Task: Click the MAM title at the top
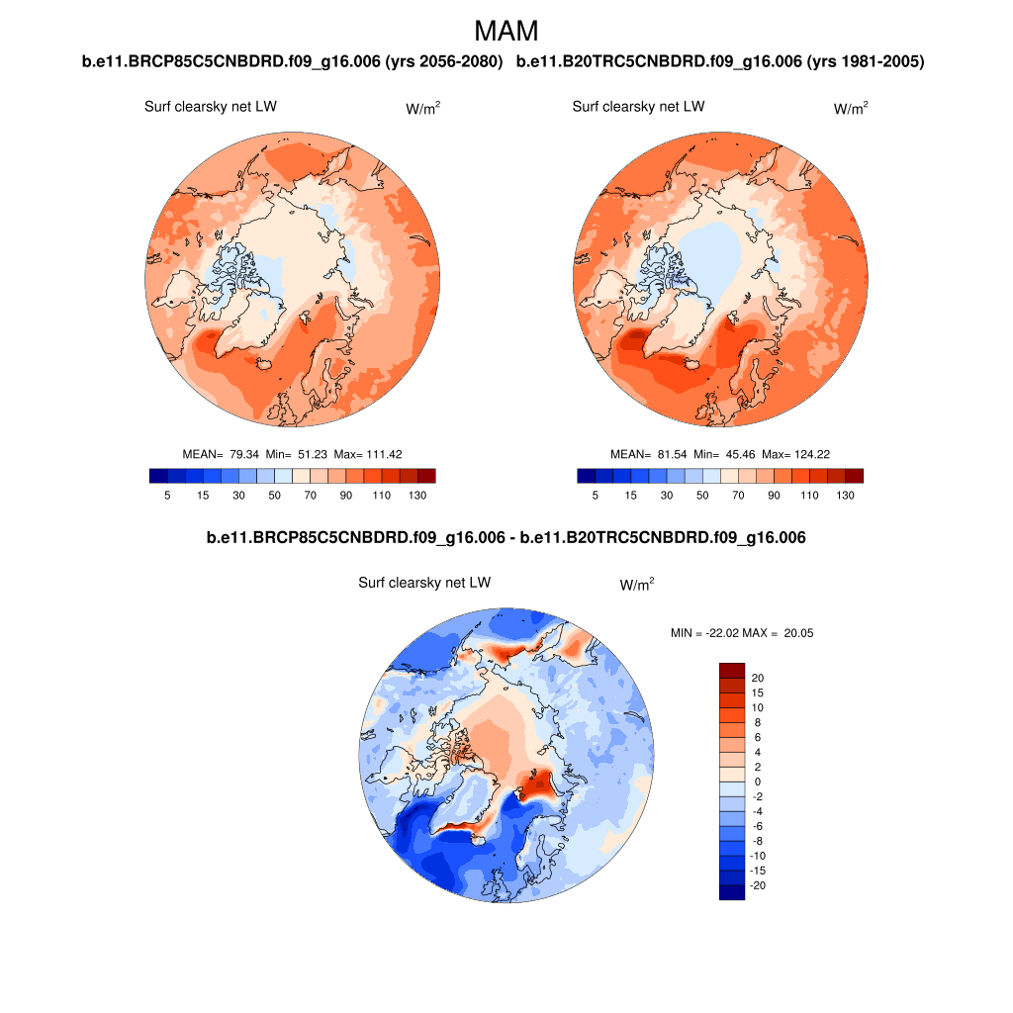click(506, 31)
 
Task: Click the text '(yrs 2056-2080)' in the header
click(447, 62)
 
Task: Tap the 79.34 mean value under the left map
click(243, 454)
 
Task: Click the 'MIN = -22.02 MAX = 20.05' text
click(742, 633)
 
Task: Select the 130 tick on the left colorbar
click(417, 496)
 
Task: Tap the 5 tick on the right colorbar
click(595, 496)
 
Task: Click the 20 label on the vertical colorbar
click(758, 678)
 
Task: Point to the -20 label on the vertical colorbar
click(758, 885)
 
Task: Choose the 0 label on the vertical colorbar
click(758, 782)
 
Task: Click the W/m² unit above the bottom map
click(637, 586)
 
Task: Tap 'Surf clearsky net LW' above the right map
click(638, 107)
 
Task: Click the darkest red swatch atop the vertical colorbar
click(731, 670)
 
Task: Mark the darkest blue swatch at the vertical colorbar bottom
click(731, 892)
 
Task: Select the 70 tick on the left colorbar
click(311, 496)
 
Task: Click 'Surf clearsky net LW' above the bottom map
click(424, 584)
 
